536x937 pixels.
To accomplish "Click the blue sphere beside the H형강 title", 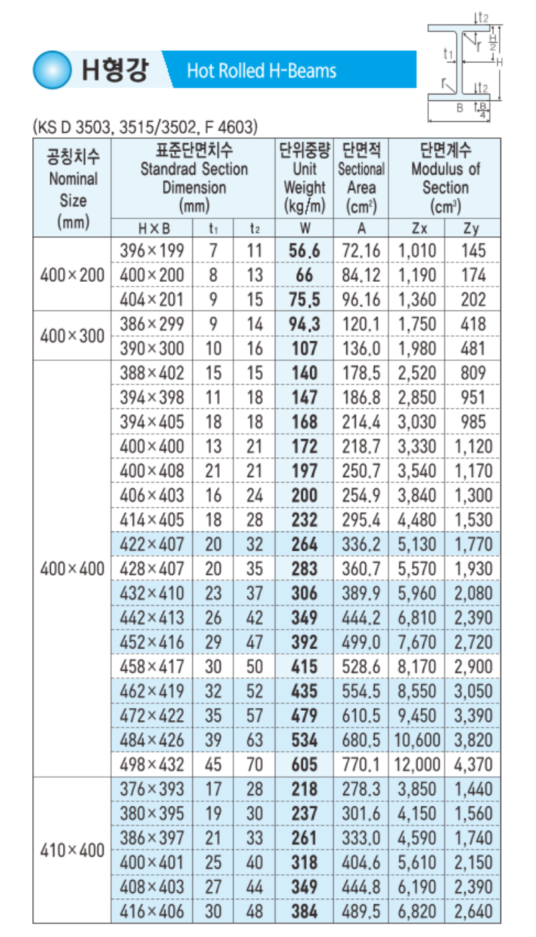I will click(52, 69).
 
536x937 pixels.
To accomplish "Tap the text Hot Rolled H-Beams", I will click(261, 70).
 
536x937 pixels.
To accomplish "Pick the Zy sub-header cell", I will click(472, 228).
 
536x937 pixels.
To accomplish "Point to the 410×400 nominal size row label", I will click(72, 850).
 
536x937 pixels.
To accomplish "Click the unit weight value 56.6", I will click(304, 251).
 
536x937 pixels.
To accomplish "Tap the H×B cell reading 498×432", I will click(151, 764).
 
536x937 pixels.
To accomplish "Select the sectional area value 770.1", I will click(361, 764).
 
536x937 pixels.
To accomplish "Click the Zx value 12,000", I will click(419, 764).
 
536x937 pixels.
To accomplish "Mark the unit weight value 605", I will click(304, 764).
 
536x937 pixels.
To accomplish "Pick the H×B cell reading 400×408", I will click(151, 471).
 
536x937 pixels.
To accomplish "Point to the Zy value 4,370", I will click(473, 764).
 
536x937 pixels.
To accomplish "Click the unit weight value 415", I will click(304, 666).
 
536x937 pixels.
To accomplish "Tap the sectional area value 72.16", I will click(361, 251).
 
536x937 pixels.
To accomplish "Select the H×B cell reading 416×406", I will click(151, 911).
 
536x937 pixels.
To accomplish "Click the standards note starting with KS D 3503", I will click(145, 126).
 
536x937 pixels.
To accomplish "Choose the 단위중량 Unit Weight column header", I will click(304, 177).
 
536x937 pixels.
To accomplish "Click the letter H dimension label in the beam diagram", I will click(500, 62).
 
